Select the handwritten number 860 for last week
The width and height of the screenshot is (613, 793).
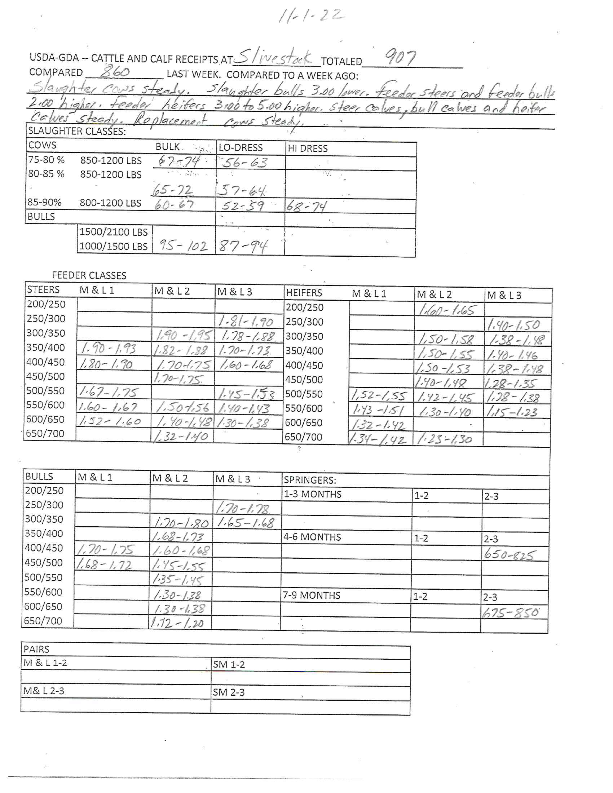click(115, 72)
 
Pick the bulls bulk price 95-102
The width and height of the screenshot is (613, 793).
click(183, 246)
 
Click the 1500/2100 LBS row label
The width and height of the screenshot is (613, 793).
click(114, 232)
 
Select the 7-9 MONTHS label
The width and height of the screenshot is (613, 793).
click(311, 595)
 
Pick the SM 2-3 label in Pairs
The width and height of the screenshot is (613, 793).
click(229, 692)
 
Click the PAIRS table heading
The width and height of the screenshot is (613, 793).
click(36, 649)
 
